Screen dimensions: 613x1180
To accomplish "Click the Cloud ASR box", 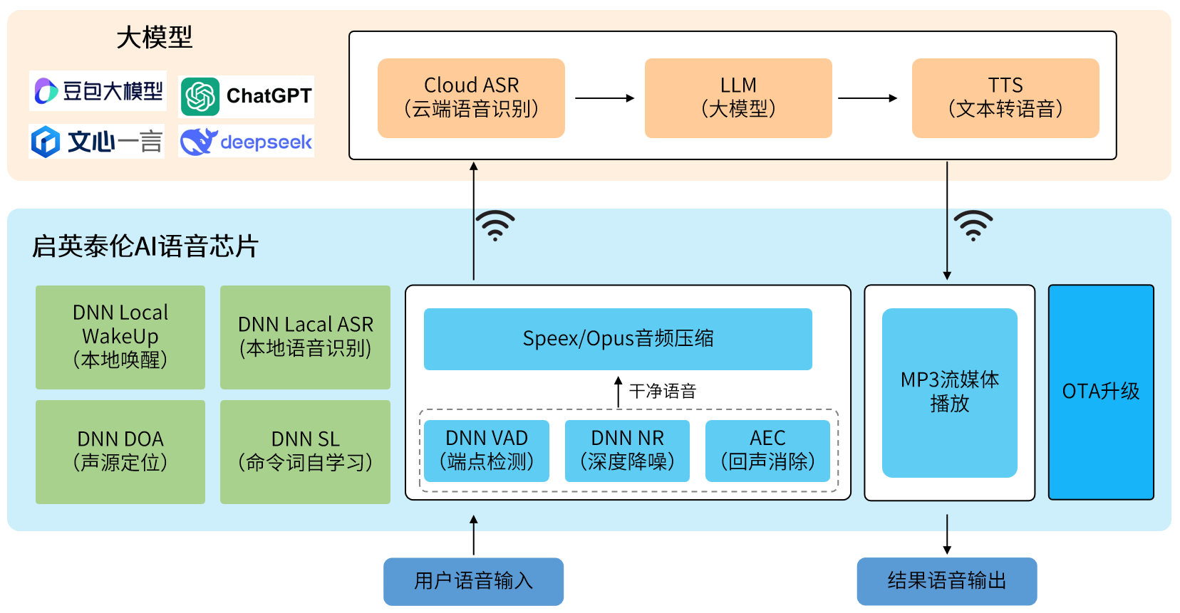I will click(471, 98).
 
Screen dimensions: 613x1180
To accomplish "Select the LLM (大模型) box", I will click(738, 98).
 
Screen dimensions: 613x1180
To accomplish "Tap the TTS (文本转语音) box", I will click(1005, 98).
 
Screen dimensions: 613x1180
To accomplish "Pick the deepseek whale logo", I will click(197, 142).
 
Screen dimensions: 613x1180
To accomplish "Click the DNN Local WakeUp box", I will click(120, 337).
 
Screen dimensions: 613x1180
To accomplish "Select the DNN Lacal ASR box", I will click(305, 337).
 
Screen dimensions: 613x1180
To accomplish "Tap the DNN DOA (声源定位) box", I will click(120, 451).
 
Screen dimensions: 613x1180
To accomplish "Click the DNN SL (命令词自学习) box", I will click(305, 451).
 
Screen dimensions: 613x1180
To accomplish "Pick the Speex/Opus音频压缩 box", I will click(618, 339).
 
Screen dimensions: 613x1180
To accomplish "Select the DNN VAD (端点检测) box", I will click(487, 451).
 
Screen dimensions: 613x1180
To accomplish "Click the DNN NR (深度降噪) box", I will click(627, 451).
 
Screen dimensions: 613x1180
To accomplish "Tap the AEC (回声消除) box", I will click(767, 451).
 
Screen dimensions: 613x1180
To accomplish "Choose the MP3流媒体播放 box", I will click(949, 392).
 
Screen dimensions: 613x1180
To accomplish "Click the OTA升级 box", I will click(1101, 392).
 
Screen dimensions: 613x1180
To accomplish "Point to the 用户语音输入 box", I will click(473, 581).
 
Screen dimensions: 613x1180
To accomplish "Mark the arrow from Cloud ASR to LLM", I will click(604, 98).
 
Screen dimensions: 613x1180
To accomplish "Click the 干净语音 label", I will click(662, 391).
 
